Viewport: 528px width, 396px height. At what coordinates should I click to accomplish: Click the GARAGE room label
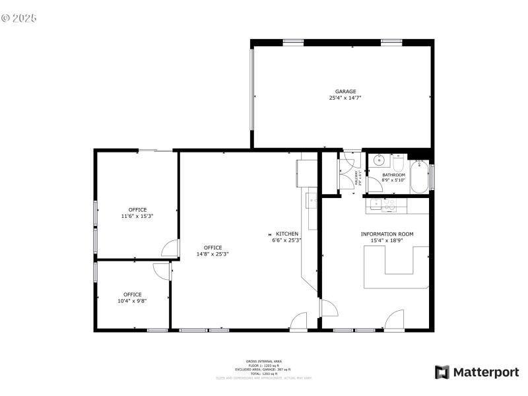(x=345, y=92)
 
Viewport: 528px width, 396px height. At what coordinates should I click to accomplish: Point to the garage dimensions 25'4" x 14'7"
(x=345, y=98)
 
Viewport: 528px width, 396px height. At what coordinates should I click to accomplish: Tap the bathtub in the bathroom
(x=419, y=176)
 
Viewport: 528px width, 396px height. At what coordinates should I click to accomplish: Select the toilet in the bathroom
(x=398, y=163)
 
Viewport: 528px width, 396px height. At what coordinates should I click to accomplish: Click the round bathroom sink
(x=379, y=160)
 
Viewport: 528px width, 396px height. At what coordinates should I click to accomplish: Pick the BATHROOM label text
(x=393, y=175)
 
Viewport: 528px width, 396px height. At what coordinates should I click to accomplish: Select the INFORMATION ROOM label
(x=387, y=234)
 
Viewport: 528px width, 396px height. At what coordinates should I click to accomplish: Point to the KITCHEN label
(x=287, y=234)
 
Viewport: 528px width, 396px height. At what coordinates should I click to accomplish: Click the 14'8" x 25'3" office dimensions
(x=213, y=254)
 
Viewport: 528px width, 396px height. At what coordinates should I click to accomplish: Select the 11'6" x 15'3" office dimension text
(x=137, y=216)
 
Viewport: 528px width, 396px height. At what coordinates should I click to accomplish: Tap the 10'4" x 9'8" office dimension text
(x=132, y=301)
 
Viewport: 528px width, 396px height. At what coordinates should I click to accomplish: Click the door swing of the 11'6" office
(x=170, y=248)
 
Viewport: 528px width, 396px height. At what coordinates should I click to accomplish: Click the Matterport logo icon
(x=442, y=372)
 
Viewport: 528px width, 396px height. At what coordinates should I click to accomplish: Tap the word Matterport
(x=486, y=372)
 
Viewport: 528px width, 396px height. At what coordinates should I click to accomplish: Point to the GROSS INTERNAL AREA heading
(x=264, y=362)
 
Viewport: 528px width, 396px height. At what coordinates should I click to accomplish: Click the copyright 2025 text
(x=19, y=18)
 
